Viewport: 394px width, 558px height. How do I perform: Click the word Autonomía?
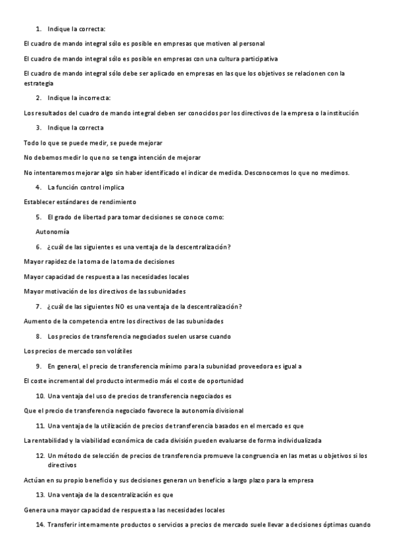click(x=53, y=232)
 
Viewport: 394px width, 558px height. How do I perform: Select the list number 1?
click(x=38, y=28)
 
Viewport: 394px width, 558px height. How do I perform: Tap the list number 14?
click(x=40, y=524)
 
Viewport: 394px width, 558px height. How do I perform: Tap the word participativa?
click(x=253, y=59)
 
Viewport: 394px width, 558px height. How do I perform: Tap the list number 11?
click(x=40, y=425)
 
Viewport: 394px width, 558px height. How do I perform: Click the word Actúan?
click(x=34, y=480)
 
